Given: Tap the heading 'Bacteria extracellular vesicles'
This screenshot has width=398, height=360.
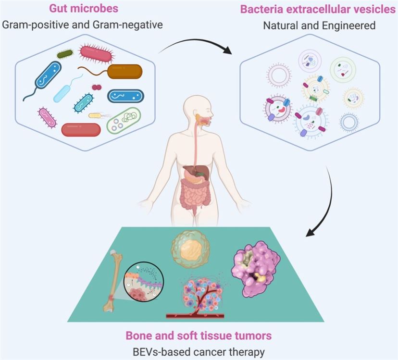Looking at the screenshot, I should (x=318, y=10).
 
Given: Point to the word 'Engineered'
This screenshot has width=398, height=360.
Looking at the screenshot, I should (x=351, y=25).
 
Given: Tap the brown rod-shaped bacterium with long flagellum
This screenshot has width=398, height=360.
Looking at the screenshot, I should (x=124, y=72).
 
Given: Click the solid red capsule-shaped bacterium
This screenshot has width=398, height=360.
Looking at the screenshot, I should (x=81, y=130).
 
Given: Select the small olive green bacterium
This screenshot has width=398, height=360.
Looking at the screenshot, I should (x=65, y=53).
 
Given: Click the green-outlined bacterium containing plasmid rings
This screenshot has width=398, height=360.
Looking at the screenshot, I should (x=124, y=120).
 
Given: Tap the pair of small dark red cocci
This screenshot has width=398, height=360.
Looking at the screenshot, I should (x=97, y=87).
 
